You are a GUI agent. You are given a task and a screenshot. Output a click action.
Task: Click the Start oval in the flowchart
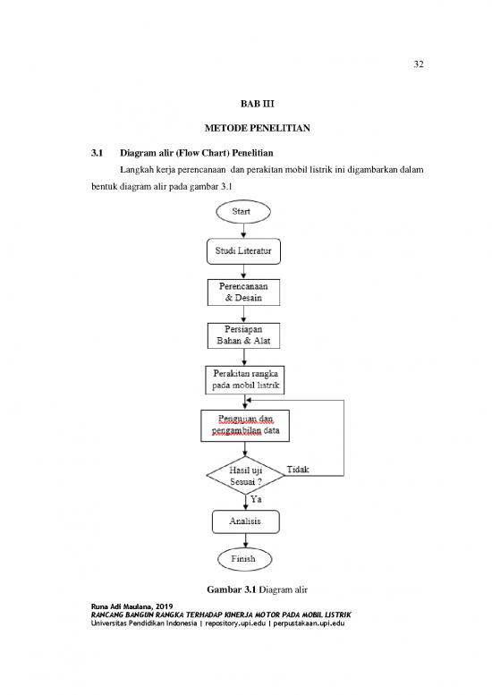[x=245, y=213]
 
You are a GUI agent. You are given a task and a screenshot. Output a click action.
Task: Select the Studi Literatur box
[x=245, y=252]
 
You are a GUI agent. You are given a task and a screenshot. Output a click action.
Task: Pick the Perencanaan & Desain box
[x=245, y=292]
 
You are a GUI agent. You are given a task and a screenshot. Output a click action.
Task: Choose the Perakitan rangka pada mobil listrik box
[x=245, y=377]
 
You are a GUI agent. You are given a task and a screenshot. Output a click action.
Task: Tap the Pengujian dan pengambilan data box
[x=245, y=425]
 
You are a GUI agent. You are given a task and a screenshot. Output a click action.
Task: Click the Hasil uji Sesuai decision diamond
[x=245, y=475]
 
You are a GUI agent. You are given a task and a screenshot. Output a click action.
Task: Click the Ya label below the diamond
[x=255, y=500]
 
